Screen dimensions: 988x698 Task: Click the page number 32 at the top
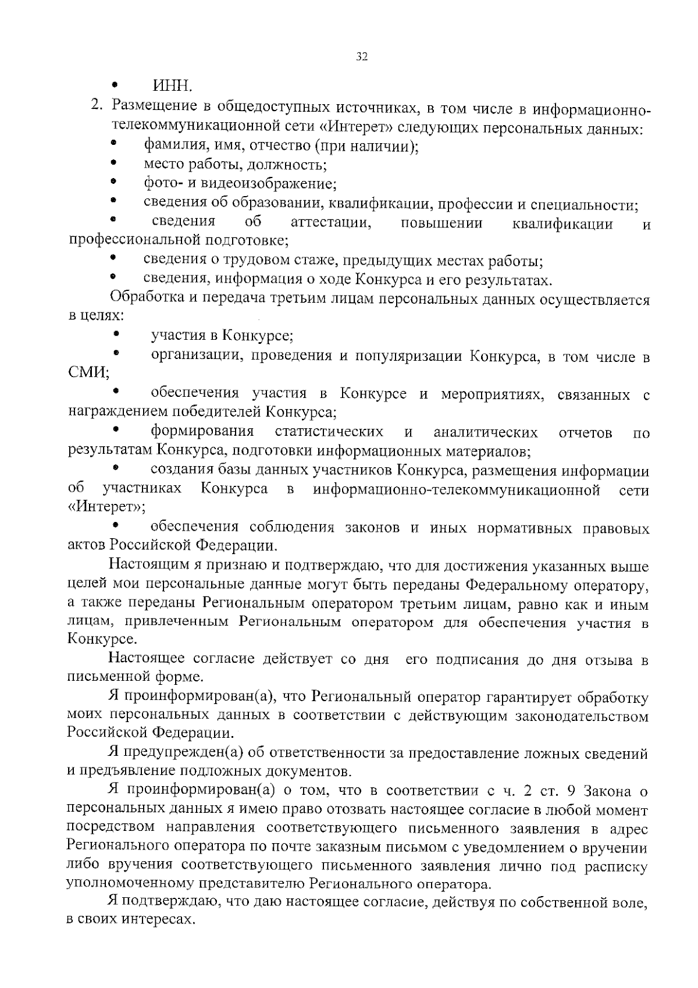click(361, 56)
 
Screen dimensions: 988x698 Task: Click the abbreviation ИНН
click(172, 87)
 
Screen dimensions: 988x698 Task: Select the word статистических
click(329, 432)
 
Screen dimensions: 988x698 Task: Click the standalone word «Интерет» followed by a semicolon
click(105, 506)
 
